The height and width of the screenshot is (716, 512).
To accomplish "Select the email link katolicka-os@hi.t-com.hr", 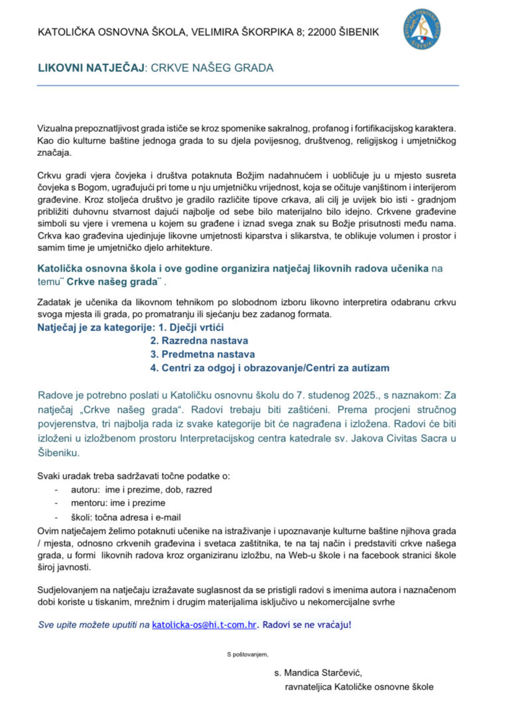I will coord(204,625).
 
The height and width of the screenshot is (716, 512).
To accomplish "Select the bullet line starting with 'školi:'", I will coord(126,517).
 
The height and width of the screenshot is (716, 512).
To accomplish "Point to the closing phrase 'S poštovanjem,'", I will coord(247,655).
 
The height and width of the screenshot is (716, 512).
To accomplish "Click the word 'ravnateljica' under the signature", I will coord(309,687).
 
